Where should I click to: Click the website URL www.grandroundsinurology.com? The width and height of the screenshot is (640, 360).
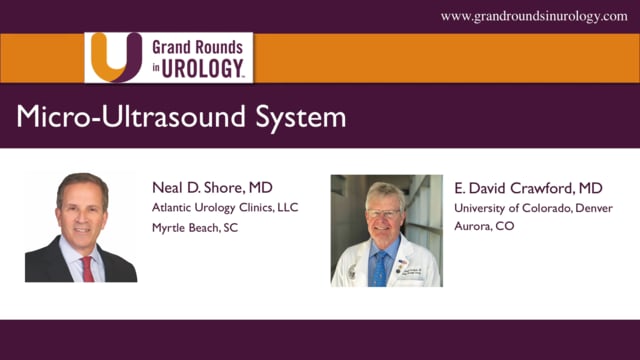tap(534, 16)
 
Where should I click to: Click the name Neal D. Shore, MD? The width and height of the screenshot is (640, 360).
tap(211, 187)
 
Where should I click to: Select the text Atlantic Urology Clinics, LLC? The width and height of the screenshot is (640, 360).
tap(225, 207)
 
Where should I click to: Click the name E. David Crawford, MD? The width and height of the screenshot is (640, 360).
tap(528, 187)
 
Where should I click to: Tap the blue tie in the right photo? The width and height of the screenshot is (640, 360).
tap(381, 264)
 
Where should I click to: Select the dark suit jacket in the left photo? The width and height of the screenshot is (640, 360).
tap(50, 265)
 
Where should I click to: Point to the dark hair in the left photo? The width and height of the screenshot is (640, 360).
tap(82, 184)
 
